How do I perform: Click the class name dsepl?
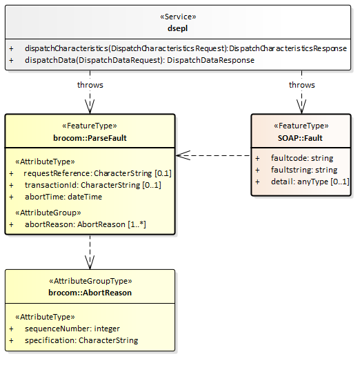(x=177, y=28)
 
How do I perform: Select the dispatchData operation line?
(x=139, y=60)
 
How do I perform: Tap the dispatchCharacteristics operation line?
(x=186, y=48)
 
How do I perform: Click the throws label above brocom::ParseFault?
(x=90, y=85)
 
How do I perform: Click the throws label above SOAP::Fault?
(x=302, y=85)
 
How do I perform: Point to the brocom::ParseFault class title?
(x=90, y=138)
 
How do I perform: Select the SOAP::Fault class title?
(x=300, y=138)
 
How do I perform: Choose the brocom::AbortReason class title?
(x=90, y=293)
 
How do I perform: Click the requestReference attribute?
(x=97, y=173)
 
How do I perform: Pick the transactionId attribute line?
(x=93, y=185)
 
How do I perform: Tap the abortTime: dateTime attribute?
(x=63, y=197)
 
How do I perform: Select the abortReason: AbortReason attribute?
(x=86, y=224)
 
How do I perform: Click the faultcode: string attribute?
(x=302, y=158)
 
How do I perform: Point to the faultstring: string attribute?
(x=304, y=170)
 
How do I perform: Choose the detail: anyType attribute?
(x=310, y=182)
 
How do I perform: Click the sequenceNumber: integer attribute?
(x=72, y=329)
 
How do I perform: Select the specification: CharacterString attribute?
(x=81, y=340)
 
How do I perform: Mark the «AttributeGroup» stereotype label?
(x=48, y=213)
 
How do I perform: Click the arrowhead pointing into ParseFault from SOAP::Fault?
(x=183, y=155)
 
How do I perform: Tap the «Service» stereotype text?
(x=178, y=17)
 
